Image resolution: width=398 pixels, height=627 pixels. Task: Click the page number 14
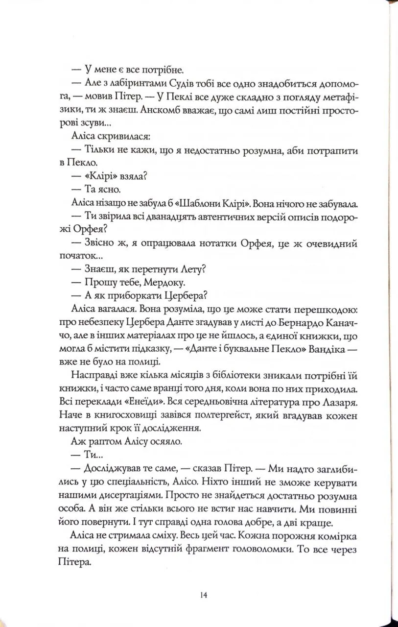point(204,595)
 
